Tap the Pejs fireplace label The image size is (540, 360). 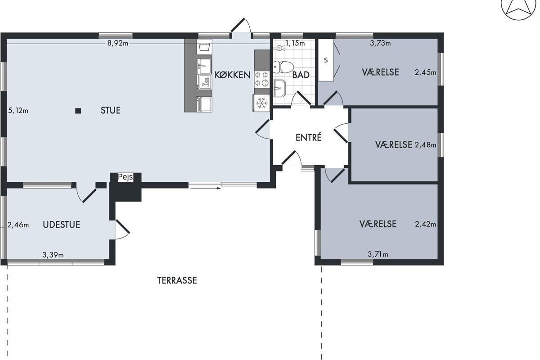coord(126,177)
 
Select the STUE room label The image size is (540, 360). coord(110,110)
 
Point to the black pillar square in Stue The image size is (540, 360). coord(78,111)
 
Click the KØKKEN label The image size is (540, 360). coord(232,75)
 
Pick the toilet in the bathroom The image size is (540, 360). coord(283,67)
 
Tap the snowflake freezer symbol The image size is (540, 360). coord(261,103)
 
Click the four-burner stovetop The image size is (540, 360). coord(262,79)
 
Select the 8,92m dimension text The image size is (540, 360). coord(117,43)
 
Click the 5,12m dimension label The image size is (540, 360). coord(18,111)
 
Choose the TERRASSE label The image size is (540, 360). coord(177,280)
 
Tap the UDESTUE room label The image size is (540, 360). coord(62,225)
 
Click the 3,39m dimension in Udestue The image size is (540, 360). coord(53,255)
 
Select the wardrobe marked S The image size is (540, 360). coord(326,60)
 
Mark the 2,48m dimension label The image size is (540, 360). coord(426,145)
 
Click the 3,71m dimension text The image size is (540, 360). coord(378,254)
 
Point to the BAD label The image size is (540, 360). coord(301,75)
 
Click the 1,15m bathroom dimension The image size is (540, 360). coord(295,43)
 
